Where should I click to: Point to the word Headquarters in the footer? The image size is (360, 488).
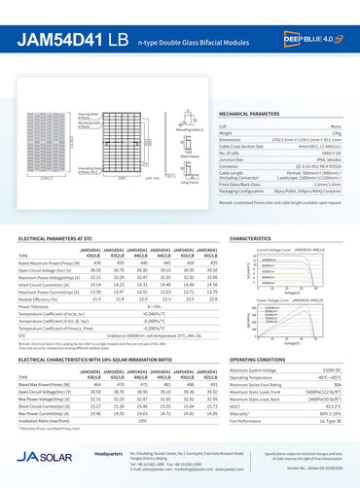point(106,453)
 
